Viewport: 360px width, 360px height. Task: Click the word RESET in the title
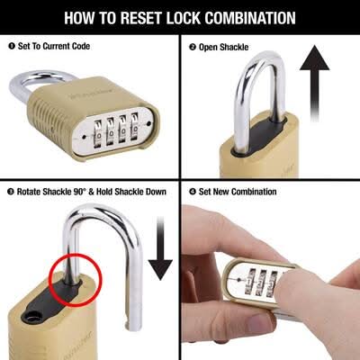pyautogui.click(x=140, y=18)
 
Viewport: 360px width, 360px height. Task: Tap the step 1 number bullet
pyautogui.click(x=12, y=46)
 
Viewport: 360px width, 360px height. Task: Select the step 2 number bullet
pyautogui.click(x=193, y=47)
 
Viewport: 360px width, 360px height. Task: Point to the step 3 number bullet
pyautogui.click(x=11, y=192)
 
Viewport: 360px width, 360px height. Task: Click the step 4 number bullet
pyautogui.click(x=193, y=192)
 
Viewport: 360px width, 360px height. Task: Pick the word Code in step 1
pyautogui.click(x=81, y=46)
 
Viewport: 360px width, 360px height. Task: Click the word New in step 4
pyautogui.click(x=221, y=192)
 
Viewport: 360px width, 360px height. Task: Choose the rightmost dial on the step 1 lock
pyautogui.click(x=136, y=128)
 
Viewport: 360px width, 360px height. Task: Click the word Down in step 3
pyautogui.click(x=156, y=192)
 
